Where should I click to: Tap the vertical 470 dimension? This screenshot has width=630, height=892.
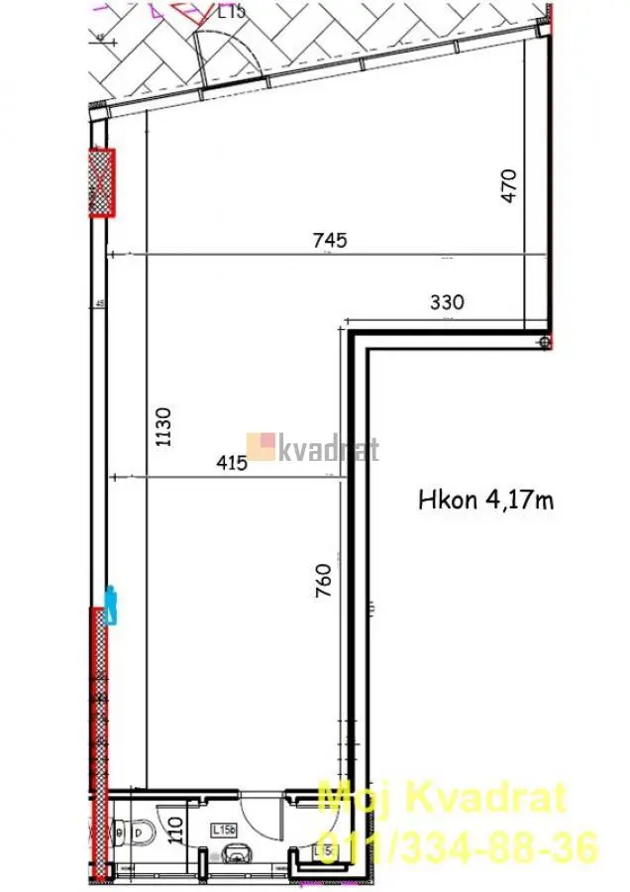tap(509, 186)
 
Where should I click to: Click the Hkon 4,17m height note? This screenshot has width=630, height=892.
tap(485, 501)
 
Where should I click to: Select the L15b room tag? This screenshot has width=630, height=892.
tap(223, 830)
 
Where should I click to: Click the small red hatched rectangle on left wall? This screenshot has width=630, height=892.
tap(101, 181)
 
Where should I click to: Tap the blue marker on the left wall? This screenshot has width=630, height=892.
tap(112, 605)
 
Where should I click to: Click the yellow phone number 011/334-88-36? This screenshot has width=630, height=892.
tap(457, 848)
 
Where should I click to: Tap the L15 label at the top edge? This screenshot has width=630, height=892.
tap(231, 11)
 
